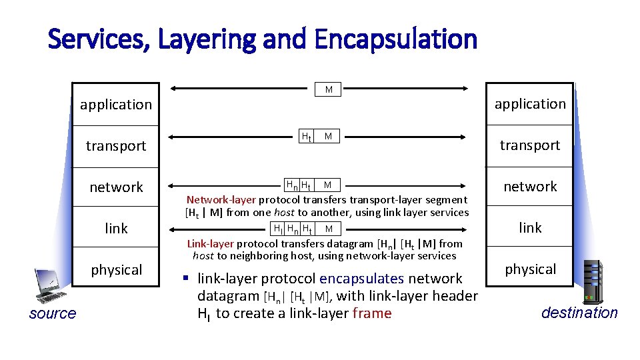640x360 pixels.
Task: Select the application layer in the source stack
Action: [x=116, y=105]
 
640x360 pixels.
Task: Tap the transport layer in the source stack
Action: [x=116, y=146]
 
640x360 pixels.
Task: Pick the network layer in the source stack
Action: [x=116, y=187]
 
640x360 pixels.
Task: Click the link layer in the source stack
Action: [x=116, y=229]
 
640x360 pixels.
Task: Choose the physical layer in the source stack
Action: [x=116, y=270]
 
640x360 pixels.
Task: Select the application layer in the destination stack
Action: [x=529, y=104]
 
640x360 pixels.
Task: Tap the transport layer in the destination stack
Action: [x=529, y=145]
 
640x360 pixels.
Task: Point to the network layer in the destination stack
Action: [x=529, y=187]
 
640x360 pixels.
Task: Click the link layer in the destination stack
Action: [x=529, y=228]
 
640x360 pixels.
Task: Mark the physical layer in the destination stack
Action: [x=529, y=269]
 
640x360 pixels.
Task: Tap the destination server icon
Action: [x=593, y=280]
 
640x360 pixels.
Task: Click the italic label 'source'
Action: [x=53, y=314]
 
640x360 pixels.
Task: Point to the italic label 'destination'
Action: [x=579, y=313]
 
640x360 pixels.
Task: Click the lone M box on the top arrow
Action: [x=329, y=89]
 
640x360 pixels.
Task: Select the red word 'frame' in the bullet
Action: [x=372, y=313]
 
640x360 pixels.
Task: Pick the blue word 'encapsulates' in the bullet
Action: [x=362, y=279]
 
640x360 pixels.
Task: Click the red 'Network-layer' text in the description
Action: [x=221, y=199]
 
